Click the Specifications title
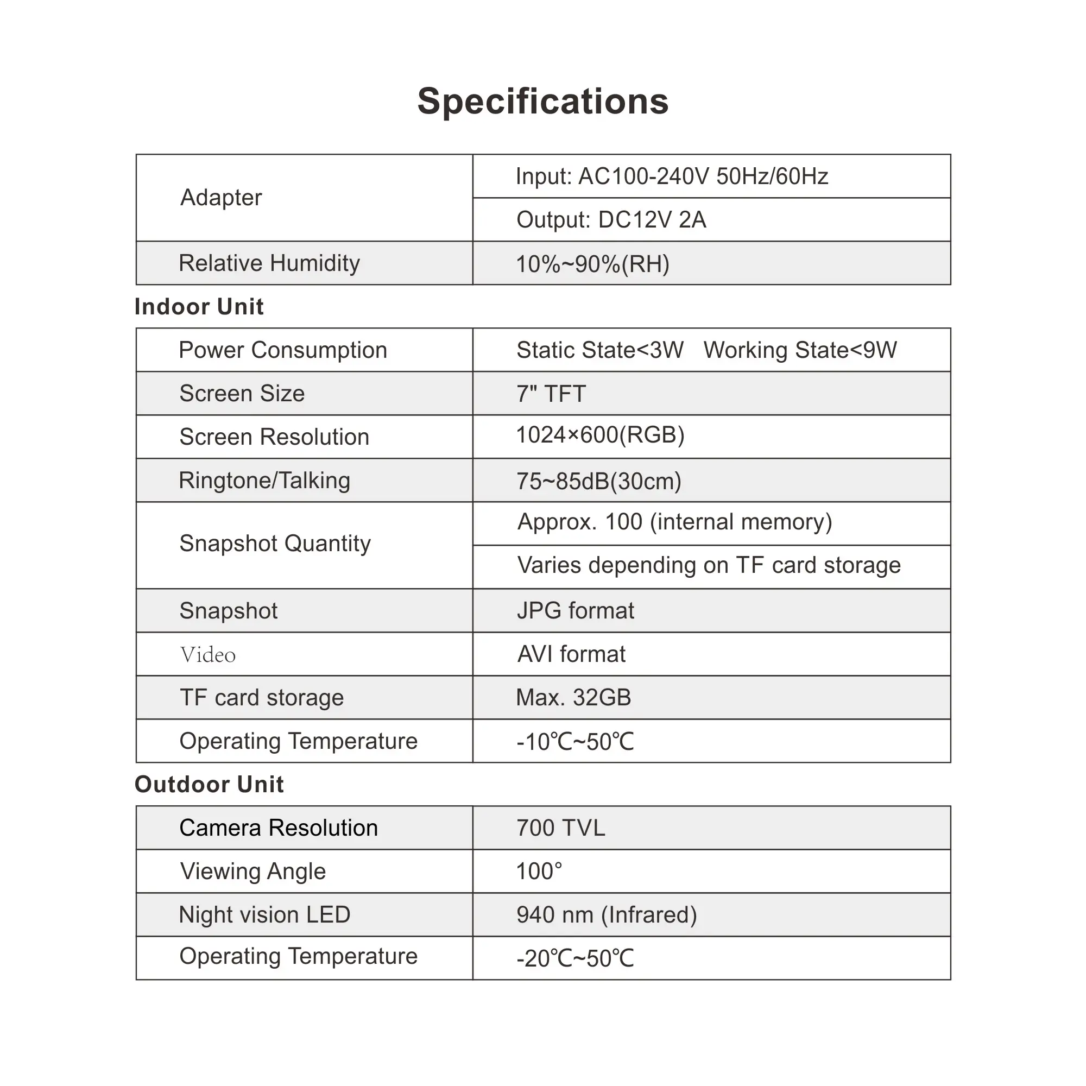pos(543,102)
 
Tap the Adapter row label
pos(221,198)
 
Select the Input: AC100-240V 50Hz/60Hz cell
pos(672,176)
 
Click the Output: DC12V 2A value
pos(611,220)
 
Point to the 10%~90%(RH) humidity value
pos(592,264)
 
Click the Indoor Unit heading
pos(199,307)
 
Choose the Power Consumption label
pos(283,350)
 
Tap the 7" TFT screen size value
pos(551,394)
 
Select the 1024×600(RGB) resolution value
pos(600,435)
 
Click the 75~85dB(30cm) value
pos(598,481)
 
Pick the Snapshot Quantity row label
pos(275,544)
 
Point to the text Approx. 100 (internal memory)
pos(674,522)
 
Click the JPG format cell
pos(575,611)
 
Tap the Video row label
pos(207,655)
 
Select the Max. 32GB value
pos(573,698)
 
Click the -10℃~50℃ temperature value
pos(575,742)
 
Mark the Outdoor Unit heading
pos(209,785)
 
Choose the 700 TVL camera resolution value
pos(560,829)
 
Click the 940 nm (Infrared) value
pos(607,915)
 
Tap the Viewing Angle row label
pos(253,872)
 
